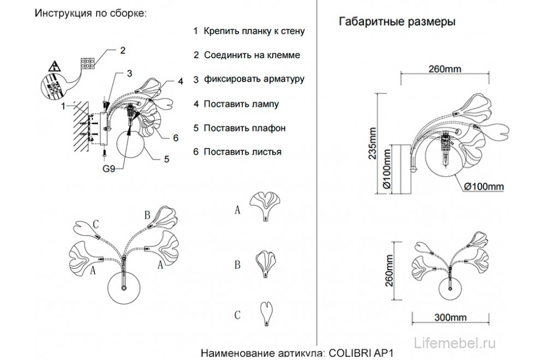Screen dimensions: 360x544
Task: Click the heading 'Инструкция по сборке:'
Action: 90,14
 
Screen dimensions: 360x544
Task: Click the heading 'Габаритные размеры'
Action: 398,22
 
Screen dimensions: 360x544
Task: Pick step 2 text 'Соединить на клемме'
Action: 252,55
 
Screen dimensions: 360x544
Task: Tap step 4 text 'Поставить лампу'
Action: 241,104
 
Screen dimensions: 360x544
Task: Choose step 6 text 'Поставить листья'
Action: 242,152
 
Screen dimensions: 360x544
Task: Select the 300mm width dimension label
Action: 451,317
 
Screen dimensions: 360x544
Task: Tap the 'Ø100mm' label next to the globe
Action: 483,187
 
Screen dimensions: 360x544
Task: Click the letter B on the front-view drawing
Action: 146,214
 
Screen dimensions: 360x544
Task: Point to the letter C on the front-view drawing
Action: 95,224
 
